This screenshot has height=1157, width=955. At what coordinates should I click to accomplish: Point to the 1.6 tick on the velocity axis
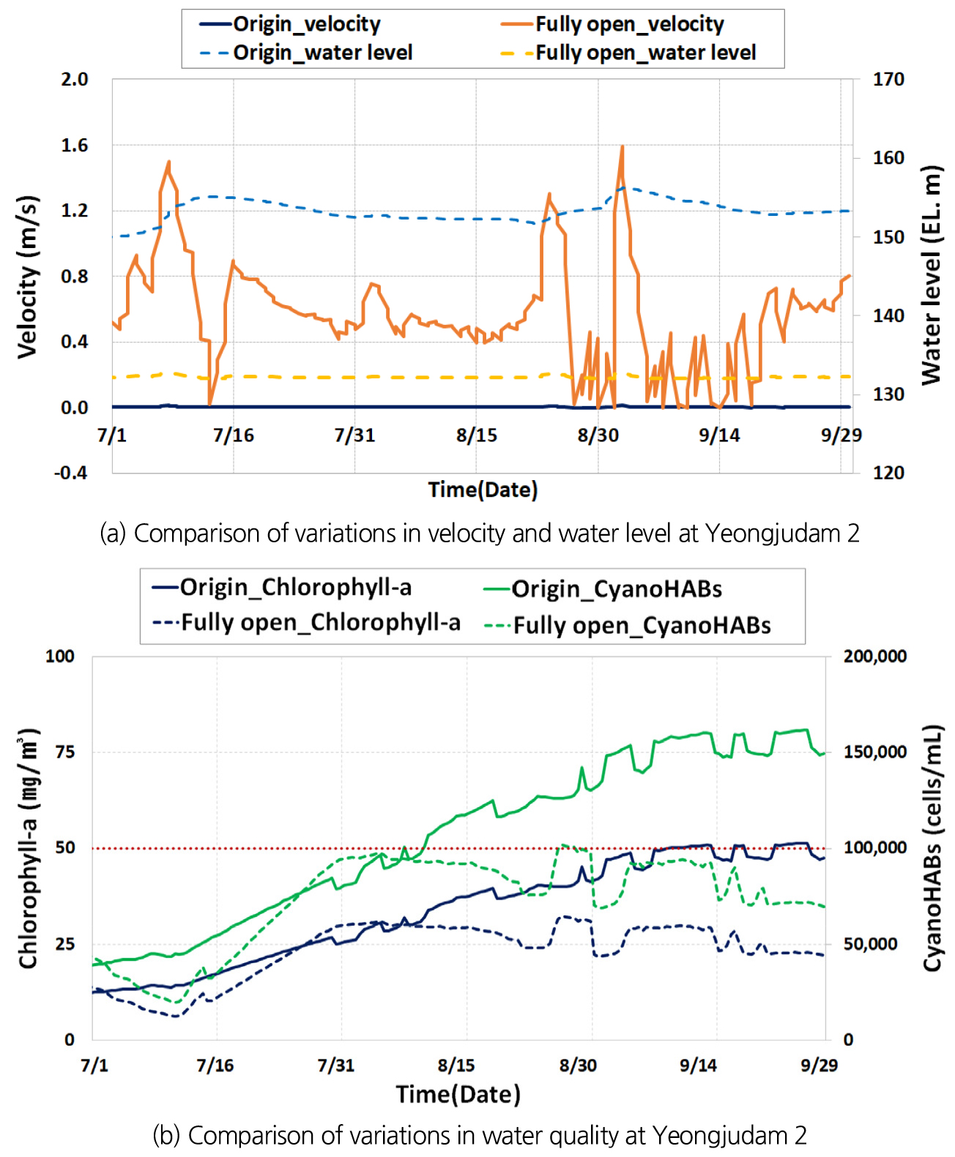coord(74,145)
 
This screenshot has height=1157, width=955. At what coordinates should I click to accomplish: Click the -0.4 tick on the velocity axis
coord(70,473)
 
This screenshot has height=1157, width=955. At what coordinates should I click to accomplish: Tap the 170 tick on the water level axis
coord(888,79)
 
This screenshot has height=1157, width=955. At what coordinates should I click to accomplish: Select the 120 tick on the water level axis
coord(888,473)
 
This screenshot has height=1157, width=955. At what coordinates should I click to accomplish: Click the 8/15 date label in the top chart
coord(476,435)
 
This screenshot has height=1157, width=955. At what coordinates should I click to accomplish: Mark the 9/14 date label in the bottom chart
coord(698,1065)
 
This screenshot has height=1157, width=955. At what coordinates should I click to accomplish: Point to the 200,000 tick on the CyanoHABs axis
coord(875,656)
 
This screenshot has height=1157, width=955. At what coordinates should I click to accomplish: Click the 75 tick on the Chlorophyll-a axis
coord(65,752)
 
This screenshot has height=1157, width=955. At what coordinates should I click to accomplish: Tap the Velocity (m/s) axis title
coord(27,277)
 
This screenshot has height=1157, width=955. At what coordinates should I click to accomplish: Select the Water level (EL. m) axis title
coord(930,275)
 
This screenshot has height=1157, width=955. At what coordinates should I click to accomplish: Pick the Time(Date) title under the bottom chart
coord(458,1094)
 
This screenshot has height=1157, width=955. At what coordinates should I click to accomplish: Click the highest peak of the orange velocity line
coord(623,146)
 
